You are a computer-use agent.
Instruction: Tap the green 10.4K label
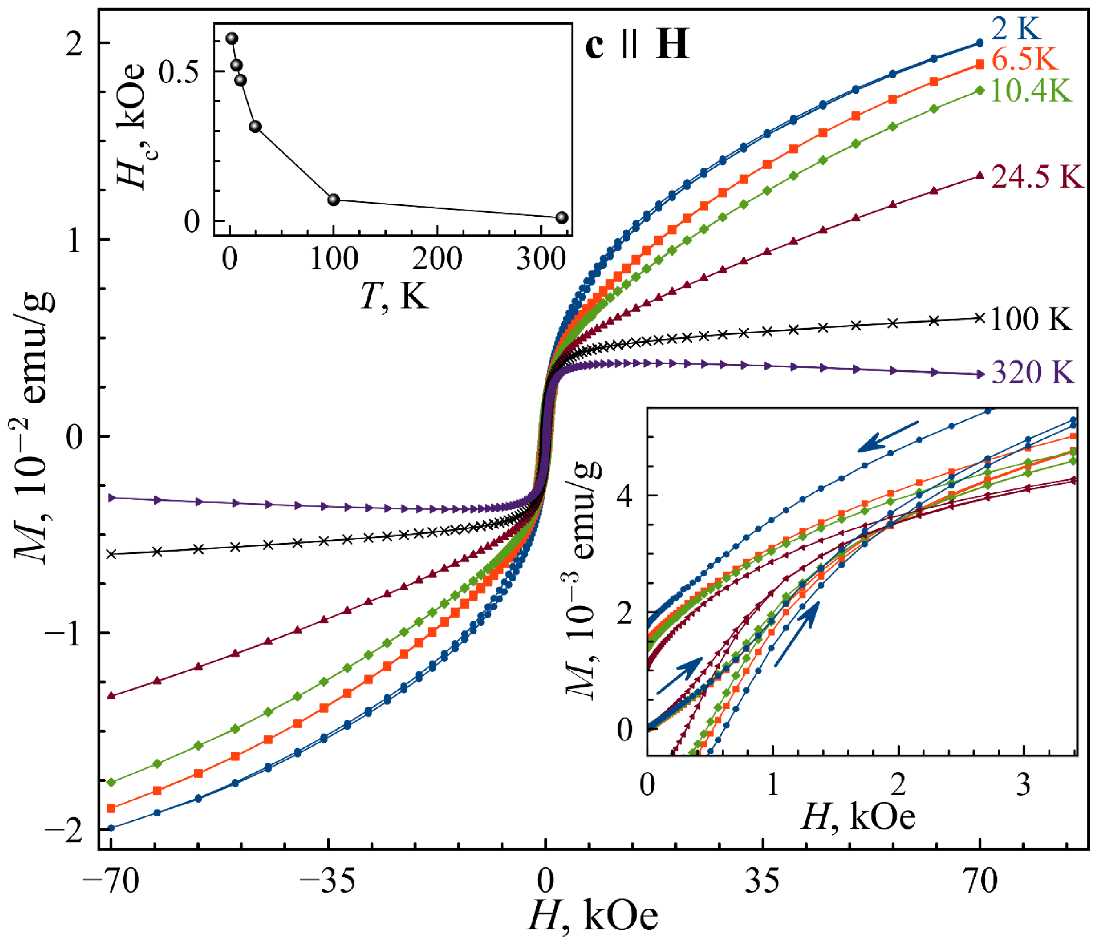1031,91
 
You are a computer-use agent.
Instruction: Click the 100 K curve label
1031,319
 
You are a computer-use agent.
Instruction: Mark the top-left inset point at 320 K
562,217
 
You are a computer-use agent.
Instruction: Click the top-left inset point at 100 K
333,200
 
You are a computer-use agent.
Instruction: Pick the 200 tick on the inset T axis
437,258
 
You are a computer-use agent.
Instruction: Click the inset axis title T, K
394,296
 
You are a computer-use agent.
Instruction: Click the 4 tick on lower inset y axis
625,496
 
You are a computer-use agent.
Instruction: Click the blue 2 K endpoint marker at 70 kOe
980,43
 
